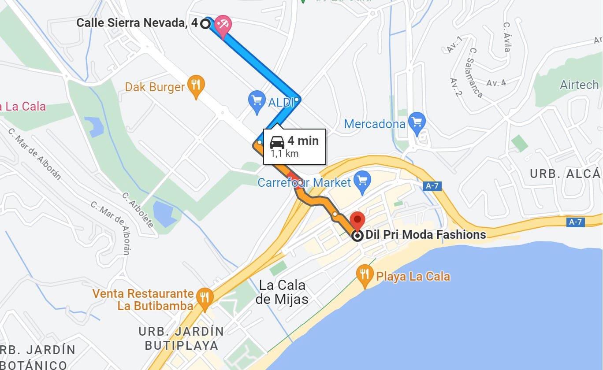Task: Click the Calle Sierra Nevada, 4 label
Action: point(137,23)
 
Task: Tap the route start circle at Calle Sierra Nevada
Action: point(205,23)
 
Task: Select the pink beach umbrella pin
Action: point(223,25)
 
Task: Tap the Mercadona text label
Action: point(374,124)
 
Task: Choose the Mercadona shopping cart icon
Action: point(417,122)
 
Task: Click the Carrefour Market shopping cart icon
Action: point(362,181)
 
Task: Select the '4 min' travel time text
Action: point(303,141)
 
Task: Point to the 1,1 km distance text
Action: point(284,154)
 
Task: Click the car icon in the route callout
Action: point(277,142)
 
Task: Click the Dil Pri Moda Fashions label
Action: point(426,235)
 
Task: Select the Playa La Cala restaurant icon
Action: point(364,275)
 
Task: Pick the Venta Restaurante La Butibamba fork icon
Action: point(204,298)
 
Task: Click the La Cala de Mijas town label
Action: point(282,292)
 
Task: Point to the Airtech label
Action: point(579,85)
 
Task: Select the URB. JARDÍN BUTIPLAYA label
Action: point(181,338)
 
